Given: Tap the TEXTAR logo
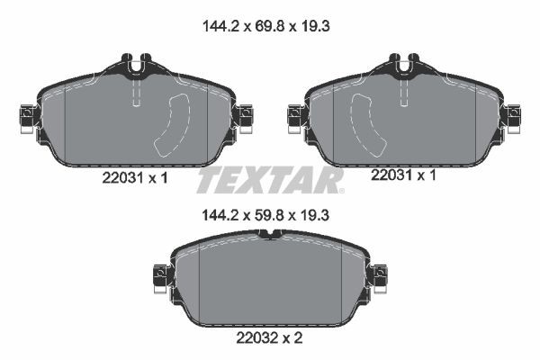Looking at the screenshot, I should point(270,181).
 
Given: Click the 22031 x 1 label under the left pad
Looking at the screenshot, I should point(130,178).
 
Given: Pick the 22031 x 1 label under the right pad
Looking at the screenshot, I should point(403,176).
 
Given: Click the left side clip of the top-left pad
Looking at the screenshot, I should point(26,116).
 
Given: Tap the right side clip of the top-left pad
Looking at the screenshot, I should point(244,116).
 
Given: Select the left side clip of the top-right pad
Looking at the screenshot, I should point(295,116).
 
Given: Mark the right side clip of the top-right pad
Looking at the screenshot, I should point(513,116).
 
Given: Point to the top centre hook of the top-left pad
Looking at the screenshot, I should point(136,65).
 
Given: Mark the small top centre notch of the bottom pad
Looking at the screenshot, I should point(270,236).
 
